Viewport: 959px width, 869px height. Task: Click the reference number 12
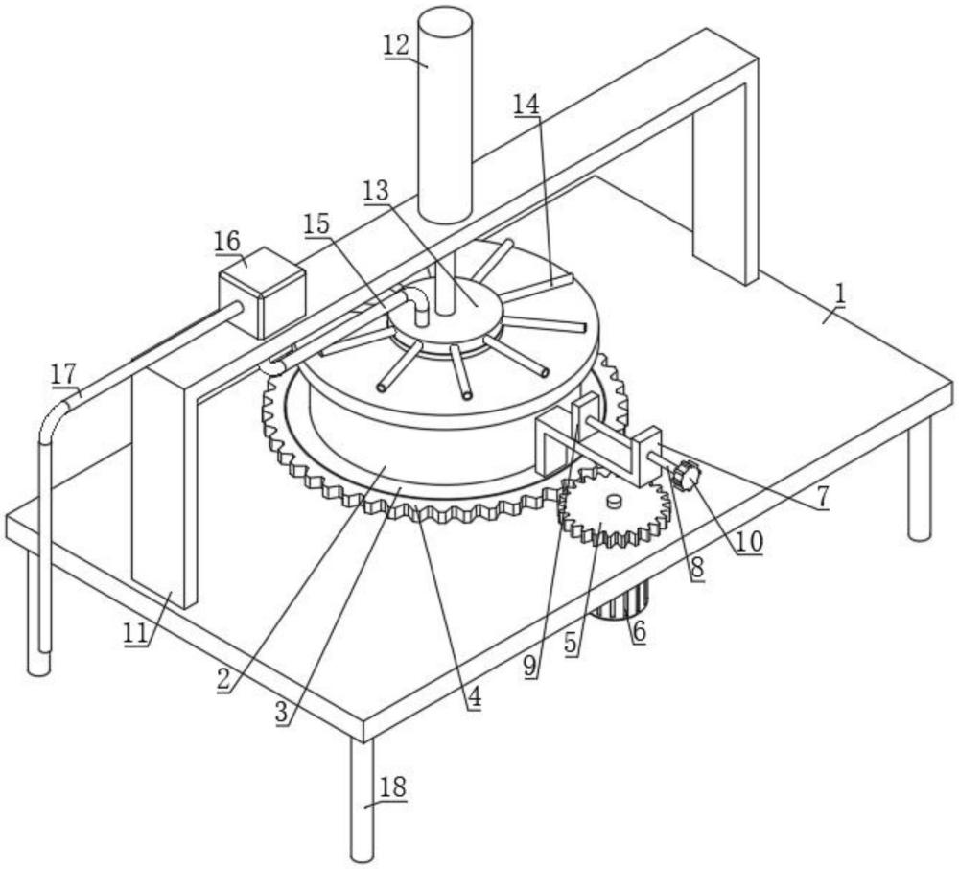396,45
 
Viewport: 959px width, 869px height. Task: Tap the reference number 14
526,105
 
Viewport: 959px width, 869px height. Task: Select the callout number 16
227,241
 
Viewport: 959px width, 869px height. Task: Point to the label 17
63,374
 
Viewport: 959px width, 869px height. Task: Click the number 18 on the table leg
392,787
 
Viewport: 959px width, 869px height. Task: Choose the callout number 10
749,541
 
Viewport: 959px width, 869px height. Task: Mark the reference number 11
136,632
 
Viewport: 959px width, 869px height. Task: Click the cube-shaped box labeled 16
262,292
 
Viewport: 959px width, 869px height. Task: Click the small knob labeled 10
686,474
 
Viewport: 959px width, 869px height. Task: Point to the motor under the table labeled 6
621,601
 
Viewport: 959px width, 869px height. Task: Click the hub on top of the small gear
614,502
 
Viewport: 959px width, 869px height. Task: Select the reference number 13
376,192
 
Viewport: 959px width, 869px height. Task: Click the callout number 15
316,224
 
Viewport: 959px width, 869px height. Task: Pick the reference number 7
822,498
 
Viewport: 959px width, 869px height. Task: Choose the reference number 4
474,697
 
